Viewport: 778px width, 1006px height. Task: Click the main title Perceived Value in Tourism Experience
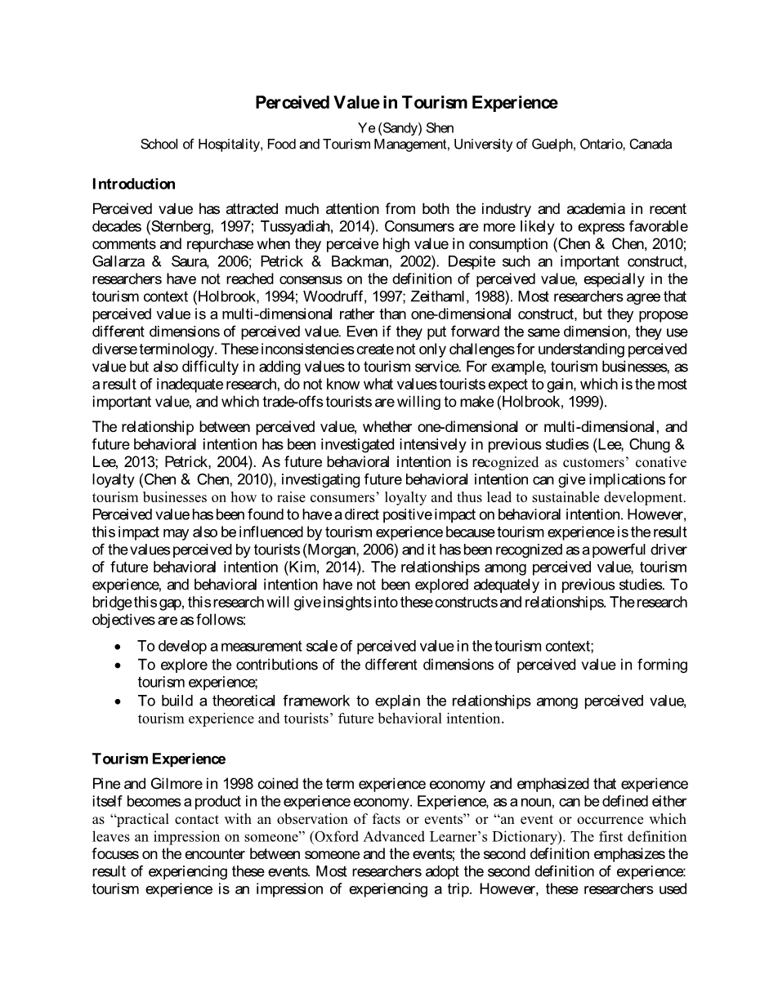coord(406,103)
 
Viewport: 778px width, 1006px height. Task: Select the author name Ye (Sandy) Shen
coord(406,128)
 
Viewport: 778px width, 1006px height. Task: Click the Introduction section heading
coord(133,184)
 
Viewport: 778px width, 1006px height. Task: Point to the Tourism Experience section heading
coord(159,759)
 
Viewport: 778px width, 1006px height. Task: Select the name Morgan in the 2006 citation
coord(306,550)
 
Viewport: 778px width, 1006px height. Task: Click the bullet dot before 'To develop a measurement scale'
coord(119,647)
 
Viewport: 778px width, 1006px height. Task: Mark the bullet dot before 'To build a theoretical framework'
coord(119,701)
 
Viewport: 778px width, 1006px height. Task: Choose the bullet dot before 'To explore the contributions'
coord(119,665)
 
